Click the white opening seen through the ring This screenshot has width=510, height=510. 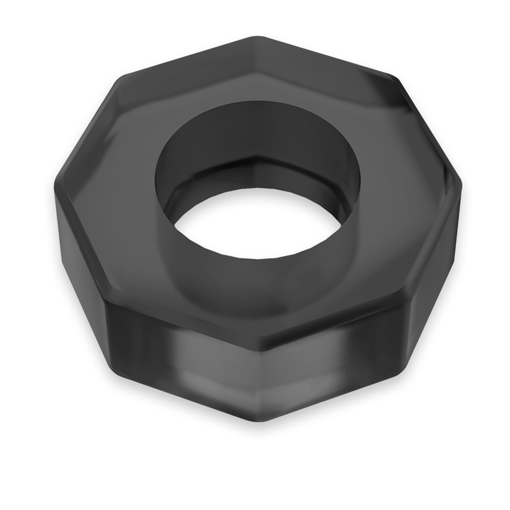pyautogui.click(x=255, y=223)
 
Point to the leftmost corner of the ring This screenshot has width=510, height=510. pyautogui.click(x=55, y=191)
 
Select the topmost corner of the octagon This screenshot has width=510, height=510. pyautogui.click(x=255, y=36)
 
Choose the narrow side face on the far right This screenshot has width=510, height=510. pyautogui.click(x=440, y=261)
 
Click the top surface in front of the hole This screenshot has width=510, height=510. pyautogui.click(x=255, y=306)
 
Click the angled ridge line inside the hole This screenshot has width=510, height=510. pyautogui.click(x=255, y=156)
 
